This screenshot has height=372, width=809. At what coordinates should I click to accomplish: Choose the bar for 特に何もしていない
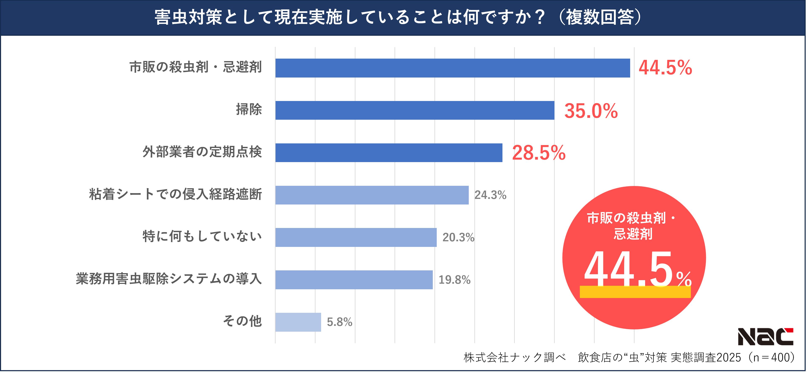tap(356, 237)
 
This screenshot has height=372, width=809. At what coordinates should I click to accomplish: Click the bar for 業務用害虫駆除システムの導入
tap(354, 280)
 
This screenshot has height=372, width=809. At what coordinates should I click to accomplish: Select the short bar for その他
tap(298, 322)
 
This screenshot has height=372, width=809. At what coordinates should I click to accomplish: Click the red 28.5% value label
tap(539, 153)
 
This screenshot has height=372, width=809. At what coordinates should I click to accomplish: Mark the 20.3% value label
tap(458, 237)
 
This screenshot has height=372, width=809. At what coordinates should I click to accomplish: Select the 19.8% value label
tap(454, 280)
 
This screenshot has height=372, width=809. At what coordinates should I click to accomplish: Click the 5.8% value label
tap(339, 322)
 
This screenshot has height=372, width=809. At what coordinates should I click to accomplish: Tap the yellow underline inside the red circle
tap(635, 292)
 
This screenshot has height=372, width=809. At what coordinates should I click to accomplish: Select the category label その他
tap(242, 321)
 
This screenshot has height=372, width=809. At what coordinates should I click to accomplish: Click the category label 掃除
tap(249, 109)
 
